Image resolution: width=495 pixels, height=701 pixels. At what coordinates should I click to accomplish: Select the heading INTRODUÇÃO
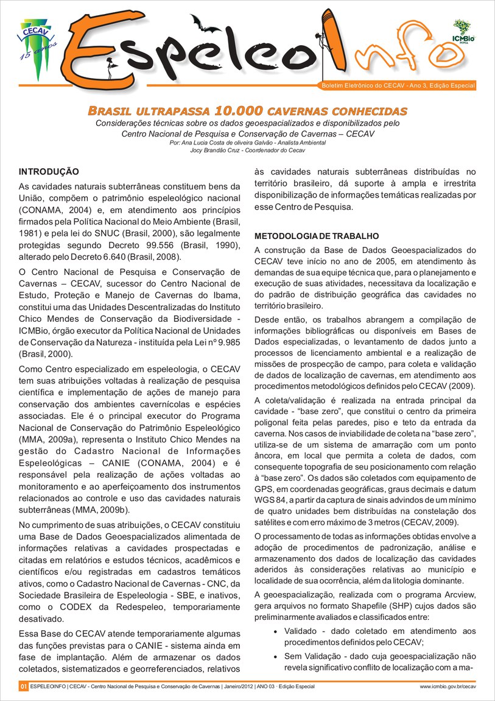(49, 172)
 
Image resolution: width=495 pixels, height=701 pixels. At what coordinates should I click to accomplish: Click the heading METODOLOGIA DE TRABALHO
(317, 235)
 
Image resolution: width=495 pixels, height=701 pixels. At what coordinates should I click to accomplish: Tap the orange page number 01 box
(23, 687)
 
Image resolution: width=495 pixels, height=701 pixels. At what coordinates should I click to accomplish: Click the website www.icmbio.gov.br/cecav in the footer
(448, 687)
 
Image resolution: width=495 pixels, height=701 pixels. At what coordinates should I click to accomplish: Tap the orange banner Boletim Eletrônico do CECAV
(398, 86)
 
